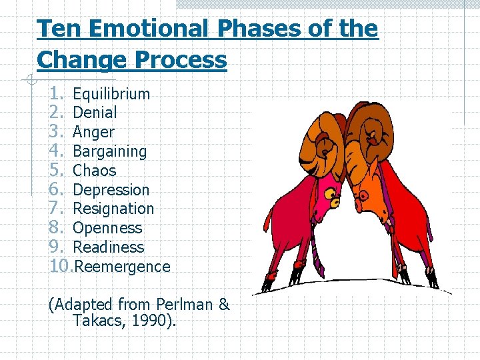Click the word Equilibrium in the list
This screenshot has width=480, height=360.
(x=111, y=94)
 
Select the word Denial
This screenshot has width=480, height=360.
(x=95, y=113)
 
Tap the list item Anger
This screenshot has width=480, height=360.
(x=93, y=133)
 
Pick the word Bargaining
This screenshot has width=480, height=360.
(x=109, y=152)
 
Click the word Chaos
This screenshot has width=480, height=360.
(x=94, y=171)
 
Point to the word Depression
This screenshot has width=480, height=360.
(x=111, y=190)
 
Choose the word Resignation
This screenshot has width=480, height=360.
(x=113, y=209)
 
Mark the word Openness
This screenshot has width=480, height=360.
(x=107, y=228)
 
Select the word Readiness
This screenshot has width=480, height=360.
(x=108, y=247)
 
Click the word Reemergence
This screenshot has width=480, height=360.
(x=123, y=267)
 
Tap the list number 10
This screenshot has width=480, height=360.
(x=62, y=267)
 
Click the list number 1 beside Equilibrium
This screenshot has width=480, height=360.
(x=56, y=94)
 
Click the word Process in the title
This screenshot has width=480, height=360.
(x=179, y=60)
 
